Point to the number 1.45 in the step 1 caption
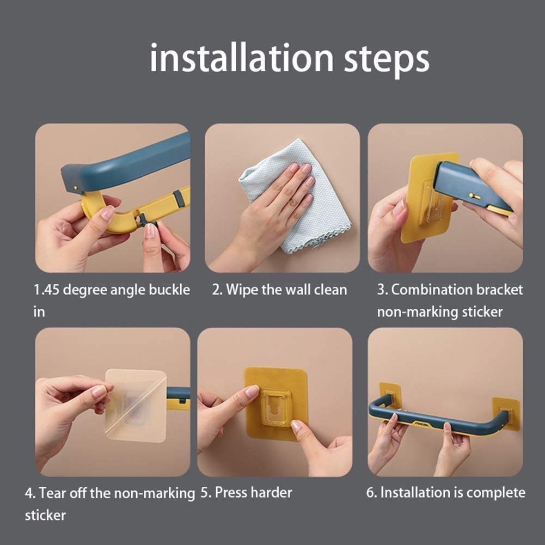coord(46,290)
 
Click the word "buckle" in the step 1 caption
coord(169,290)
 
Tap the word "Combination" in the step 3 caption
coord(431,290)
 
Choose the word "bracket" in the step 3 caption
coord(499,290)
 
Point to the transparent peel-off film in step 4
coord(136,406)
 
